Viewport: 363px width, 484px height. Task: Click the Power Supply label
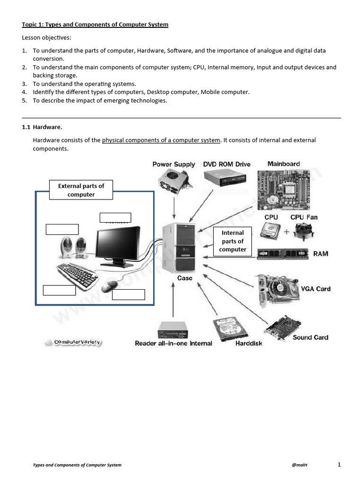[x=173, y=164]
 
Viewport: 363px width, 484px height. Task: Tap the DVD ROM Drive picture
[x=225, y=177]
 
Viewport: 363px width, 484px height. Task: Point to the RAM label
[x=320, y=254]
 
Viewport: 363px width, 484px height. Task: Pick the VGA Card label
[x=316, y=289]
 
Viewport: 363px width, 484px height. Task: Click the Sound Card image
[x=282, y=327]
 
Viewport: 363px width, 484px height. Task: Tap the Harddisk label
[x=249, y=344]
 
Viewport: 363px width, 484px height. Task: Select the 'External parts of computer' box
[x=81, y=190]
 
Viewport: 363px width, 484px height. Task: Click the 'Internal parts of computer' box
[x=233, y=241]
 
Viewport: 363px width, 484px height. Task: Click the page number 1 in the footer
[x=339, y=465]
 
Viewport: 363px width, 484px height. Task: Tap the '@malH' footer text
[x=300, y=465]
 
